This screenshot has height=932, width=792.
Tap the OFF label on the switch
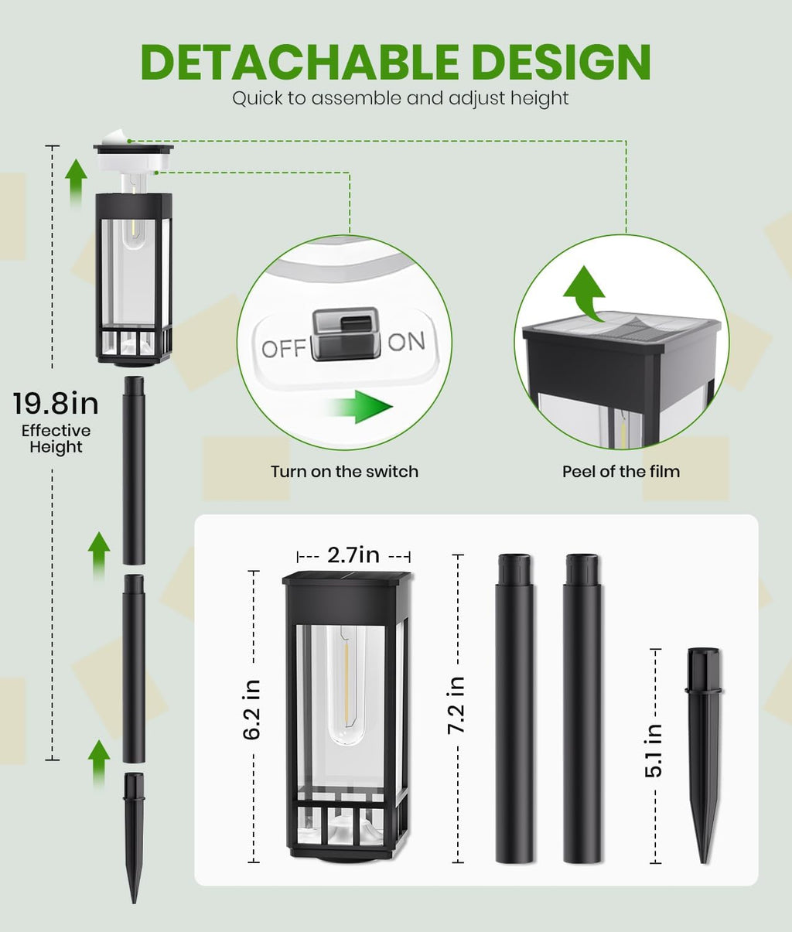pos(284,349)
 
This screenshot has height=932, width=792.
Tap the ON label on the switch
pos(406,341)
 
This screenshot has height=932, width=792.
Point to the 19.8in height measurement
pos(56,403)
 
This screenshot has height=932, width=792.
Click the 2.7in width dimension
pos(353,555)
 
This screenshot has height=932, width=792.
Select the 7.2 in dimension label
pos(456,705)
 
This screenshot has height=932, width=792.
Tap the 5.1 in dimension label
pos(653,750)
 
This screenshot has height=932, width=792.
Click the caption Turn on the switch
pos(345,472)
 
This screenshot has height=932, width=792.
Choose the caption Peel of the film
pos(620,472)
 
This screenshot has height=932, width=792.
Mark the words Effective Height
pos(56,439)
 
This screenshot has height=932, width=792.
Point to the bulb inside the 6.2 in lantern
pos(346,684)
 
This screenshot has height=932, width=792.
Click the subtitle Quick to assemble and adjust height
pos(401,98)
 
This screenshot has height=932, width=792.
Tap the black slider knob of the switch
pos(345,333)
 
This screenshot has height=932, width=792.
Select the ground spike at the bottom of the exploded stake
pos(134,838)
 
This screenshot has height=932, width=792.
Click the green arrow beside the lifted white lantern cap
pos(76,183)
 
